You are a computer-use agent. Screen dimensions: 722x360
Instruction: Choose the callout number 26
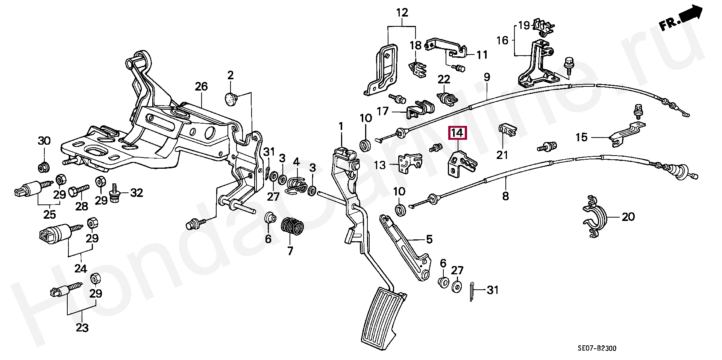click(201, 87)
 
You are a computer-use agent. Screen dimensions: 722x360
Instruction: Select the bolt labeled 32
click(115, 196)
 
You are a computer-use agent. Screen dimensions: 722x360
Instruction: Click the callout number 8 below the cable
click(505, 196)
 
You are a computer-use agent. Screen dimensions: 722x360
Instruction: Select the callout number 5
click(429, 239)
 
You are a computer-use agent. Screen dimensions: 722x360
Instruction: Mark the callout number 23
click(82, 328)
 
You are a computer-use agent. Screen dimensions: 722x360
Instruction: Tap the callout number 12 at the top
click(402, 13)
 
